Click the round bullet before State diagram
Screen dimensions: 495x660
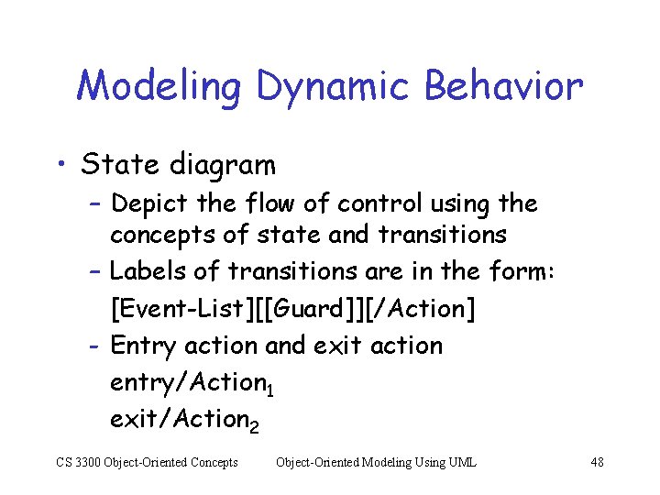click(63, 166)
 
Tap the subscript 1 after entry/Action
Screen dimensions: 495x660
click(269, 391)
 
